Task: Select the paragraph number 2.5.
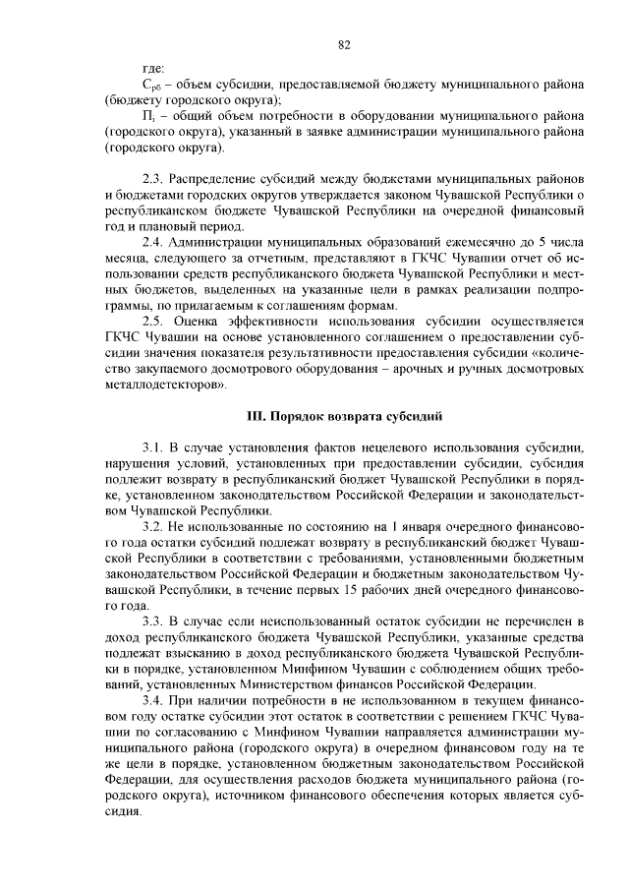(x=153, y=320)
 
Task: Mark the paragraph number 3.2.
(x=153, y=527)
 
